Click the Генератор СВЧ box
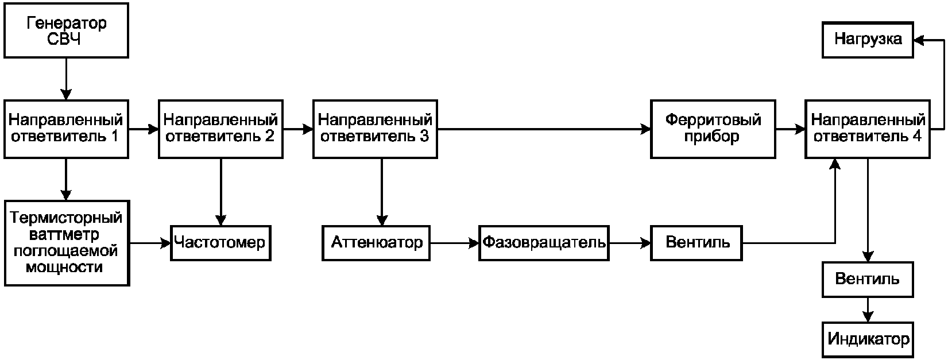[x=66, y=30]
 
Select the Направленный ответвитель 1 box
[x=66, y=129]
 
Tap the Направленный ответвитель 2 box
[x=220, y=129]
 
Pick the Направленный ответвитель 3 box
[x=375, y=129]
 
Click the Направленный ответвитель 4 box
[x=868, y=129]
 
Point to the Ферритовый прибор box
[x=713, y=129]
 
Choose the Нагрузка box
[x=868, y=40]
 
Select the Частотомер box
[x=220, y=243]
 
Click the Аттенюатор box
[x=376, y=243]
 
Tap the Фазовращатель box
[x=544, y=243]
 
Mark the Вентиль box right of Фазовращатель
[x=697, y=243]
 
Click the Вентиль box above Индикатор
[x=868, y=279]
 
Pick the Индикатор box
[x=868, y=339]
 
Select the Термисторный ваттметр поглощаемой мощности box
[x=67, y=243]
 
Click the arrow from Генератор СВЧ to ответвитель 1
[x=66, y=79]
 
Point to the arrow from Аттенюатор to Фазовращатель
[x=455, y=243]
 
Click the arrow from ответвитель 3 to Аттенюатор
[x=382, y=192]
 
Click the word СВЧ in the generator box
[x=64, y=39]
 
